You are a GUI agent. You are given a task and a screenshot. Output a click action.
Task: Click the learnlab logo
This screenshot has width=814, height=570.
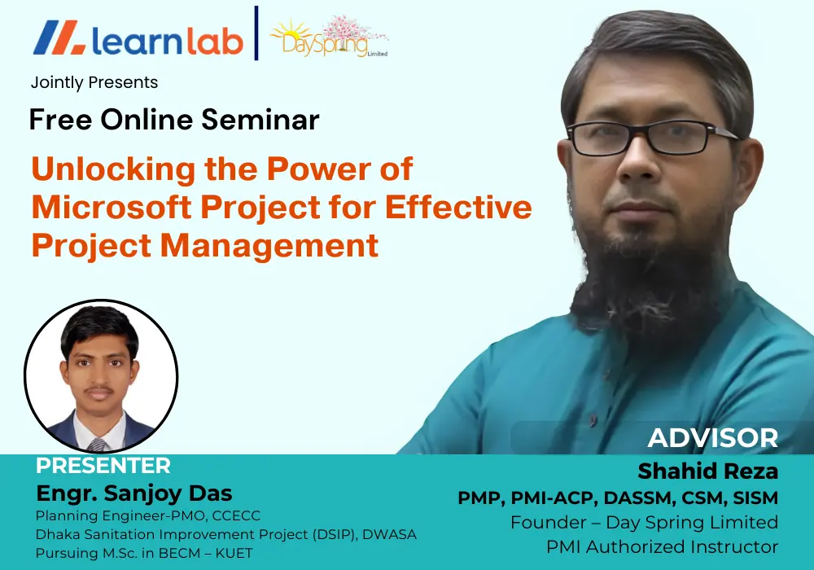tap(138, 38)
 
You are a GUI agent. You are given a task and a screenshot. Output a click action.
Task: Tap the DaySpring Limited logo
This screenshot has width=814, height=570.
tap(329, 37)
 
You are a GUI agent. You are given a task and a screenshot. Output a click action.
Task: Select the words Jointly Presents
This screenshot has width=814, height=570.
tap(94, 82)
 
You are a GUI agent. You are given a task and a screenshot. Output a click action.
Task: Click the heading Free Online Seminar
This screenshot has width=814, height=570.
tap(174, 120)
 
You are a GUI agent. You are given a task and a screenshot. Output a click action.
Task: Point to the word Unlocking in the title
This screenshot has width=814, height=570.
tap(113, 169)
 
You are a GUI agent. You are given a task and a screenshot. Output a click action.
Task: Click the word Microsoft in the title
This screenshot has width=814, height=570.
tap(112, 207)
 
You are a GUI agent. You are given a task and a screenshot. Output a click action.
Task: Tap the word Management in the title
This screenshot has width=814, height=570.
tap(269, 246)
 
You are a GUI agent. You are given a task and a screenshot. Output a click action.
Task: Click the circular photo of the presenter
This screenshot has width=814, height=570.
tap(101, 375)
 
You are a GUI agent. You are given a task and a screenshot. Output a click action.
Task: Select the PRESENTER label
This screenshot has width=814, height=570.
tap(103, 466)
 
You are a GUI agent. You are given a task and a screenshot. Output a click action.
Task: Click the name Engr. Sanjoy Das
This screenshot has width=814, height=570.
tap(134, 493)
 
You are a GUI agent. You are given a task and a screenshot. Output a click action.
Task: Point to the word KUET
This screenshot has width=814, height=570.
tap(234, 554)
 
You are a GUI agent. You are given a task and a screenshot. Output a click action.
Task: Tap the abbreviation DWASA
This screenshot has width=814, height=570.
tap(389, 534)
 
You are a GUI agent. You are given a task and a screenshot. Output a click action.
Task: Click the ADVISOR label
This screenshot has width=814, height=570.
tap(713, 438)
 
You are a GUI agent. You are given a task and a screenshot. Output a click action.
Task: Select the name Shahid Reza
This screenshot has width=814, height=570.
tap(708, 471)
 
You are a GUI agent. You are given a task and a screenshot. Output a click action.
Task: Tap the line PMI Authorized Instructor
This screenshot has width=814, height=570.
tap(662, 546)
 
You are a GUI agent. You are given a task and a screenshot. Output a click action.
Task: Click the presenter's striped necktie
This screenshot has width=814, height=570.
tap(97, 445)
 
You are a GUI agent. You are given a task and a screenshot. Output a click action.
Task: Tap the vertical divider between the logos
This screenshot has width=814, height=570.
tap(256, 33)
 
